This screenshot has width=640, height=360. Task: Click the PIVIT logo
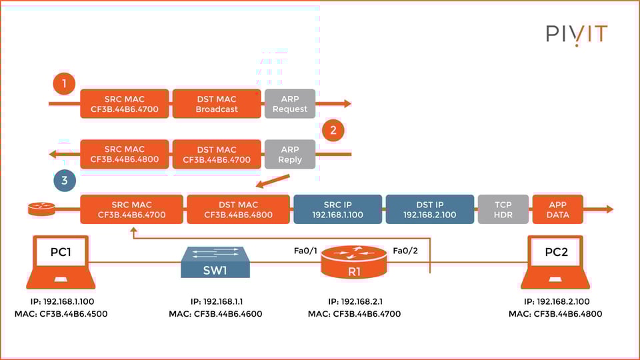point(577,34)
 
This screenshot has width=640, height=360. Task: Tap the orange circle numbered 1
point(64,84)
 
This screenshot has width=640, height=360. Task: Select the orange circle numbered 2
point(333,130)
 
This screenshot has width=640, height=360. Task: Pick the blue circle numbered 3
point(64,180)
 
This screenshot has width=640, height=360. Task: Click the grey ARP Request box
point(290,104)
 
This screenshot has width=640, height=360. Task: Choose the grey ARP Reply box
point(290,155)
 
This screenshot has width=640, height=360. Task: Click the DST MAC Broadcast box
point(217,104)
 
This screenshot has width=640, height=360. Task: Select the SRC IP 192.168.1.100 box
point(337,209)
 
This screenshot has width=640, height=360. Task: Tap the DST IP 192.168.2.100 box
point(430,209)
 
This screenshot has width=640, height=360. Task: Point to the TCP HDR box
point(503,209)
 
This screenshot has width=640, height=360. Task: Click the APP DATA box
point(558,209)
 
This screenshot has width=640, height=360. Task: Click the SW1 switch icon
point(215,262)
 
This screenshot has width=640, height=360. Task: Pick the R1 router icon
point(354,262)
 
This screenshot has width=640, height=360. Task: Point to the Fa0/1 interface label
point(305,251)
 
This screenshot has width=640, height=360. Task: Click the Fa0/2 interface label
point(405,251)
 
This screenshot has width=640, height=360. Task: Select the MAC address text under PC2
point(555,314)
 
